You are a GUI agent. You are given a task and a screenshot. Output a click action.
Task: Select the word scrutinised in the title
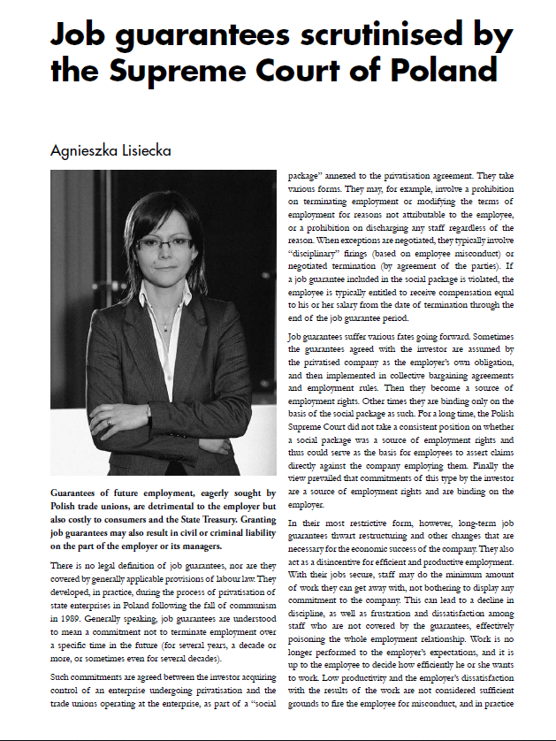coord(330,35)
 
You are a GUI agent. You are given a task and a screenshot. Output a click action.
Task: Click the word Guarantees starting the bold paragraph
coord(80,491)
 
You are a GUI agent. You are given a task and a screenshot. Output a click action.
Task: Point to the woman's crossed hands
coord(115,415)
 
